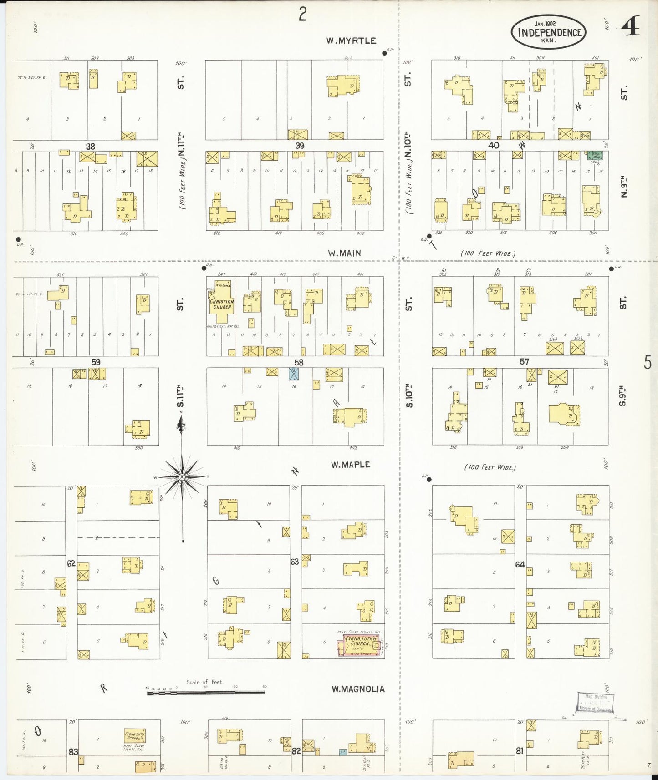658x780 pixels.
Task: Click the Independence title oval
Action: tap(548, 32)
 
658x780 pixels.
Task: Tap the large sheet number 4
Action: tap(631, 26)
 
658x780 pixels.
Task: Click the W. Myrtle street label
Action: tap(351, 41)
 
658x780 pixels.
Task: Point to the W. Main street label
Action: tap(344, 253)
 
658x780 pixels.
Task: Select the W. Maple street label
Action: tap(350, 465)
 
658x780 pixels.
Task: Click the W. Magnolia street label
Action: tap(358, 689)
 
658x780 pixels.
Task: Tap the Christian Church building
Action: tap(221, 301)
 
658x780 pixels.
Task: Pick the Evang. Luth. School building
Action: tap(135, 736)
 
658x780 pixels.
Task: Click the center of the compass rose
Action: tap(182, 477)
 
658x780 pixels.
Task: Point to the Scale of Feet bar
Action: tap(205, 693)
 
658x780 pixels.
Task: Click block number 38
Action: tap(91, 146)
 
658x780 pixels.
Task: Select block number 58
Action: tap(299, 363)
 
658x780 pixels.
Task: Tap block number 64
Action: tap(520, 565)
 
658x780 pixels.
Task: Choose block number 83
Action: tap(73, 752)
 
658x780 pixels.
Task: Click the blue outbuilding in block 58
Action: tap(294, 374)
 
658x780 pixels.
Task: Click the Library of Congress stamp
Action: tap(595, 703)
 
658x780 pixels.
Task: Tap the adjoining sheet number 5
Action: tap(648, 363)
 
